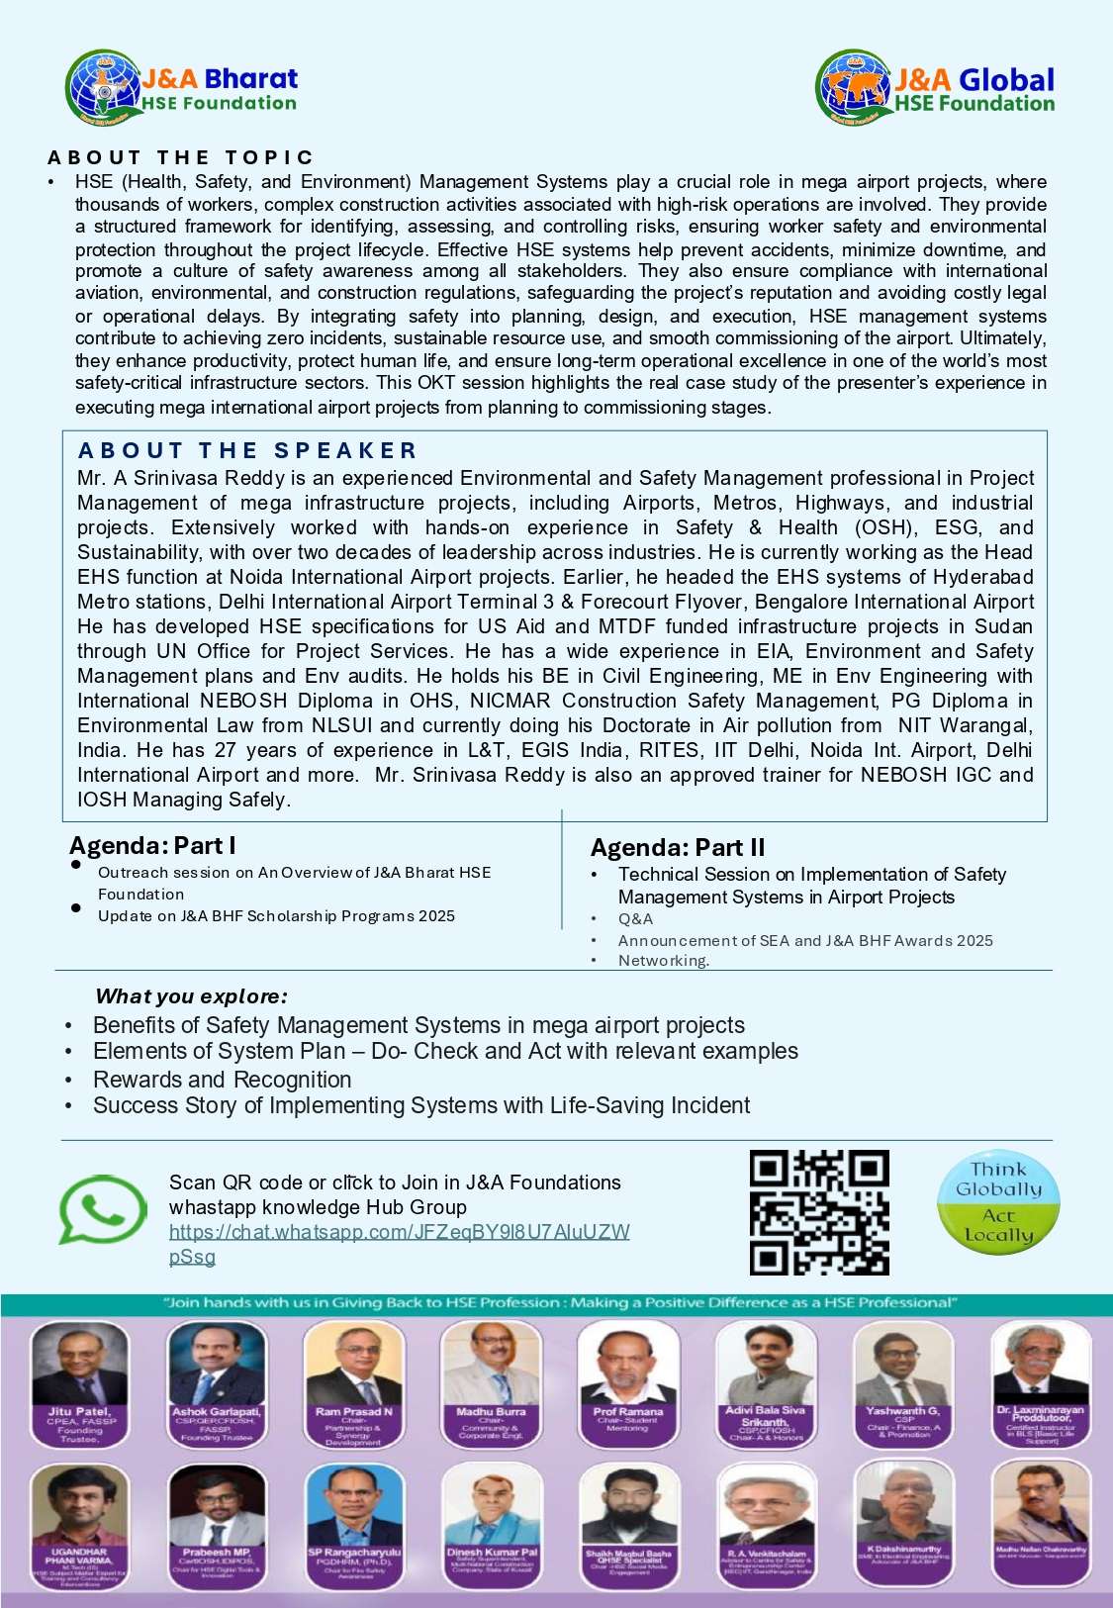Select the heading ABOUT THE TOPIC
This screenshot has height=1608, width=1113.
(x=180, y=157)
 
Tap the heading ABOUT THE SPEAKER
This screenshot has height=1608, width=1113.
(x=247, y=451)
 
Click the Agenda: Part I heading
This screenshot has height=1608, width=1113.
(x=152, y=846)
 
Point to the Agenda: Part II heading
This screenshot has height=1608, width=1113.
(x=678, y=848)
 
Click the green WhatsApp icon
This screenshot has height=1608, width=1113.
(x=102, y=1208)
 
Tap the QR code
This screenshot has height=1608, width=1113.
(x=819, y=1212)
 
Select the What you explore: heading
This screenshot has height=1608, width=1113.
(x=191, y=996)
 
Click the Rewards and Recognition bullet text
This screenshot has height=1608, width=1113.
(x=222, y=1080)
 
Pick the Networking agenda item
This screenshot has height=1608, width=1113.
(x=663, y=961)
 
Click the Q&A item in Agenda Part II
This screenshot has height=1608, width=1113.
(x=635, y=919)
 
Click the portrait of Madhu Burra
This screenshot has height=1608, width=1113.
(x=491, y=1365)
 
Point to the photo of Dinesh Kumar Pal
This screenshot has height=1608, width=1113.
(x=491, y=1505)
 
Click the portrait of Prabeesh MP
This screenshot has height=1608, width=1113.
(x=217, y=1505)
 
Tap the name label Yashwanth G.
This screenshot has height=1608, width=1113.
(x=902, y=1411)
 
